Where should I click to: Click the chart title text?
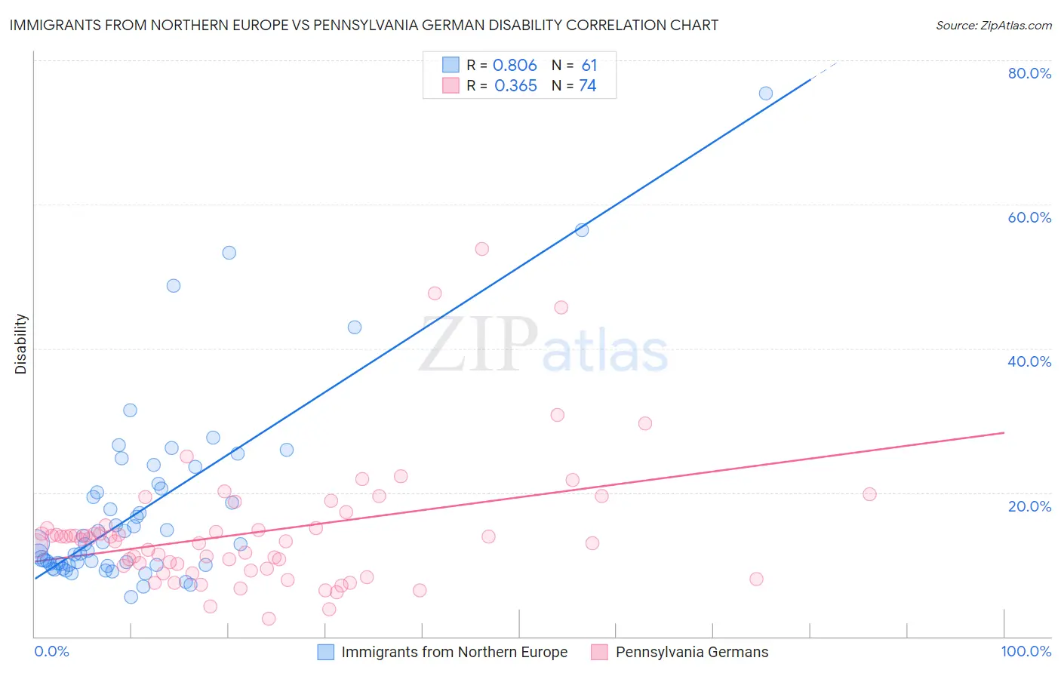(x=363, y=25)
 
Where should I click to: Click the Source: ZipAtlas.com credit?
(x=993, y=25)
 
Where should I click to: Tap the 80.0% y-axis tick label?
(x=1029, y=73)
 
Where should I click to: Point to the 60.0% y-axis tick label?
(x=1029, y=217)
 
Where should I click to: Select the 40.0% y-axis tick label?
(x=1029, y=361)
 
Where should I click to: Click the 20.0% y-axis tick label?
(x=1029, y=506)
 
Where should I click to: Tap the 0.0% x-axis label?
(x=51, y=651)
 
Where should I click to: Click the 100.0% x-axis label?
(x=1026, y=651)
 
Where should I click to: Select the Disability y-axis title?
(x=21, y=344)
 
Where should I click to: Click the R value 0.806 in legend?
(x=515, y=66)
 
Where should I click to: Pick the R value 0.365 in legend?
(x=515, y=86)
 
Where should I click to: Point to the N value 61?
(x=589, y=66)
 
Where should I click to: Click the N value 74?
(x=587, y=86)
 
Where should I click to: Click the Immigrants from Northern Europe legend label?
(x=454, y=652)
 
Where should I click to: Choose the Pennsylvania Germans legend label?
(x=691, y=652)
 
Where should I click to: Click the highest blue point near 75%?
(x=765, y=94)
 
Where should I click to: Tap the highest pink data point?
(x=481, y=249)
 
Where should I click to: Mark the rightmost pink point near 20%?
(x=869, y=494)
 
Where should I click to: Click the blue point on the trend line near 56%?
(x=582, y=230)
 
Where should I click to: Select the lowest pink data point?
(x=269, y=619)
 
